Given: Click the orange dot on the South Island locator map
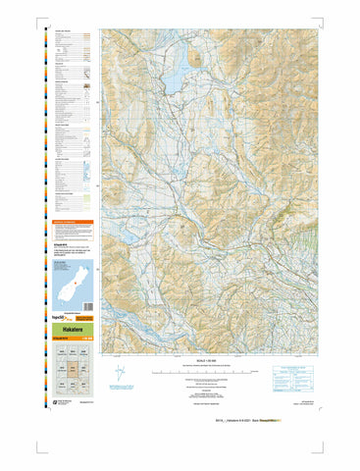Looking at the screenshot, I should click(x=65, y=291).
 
